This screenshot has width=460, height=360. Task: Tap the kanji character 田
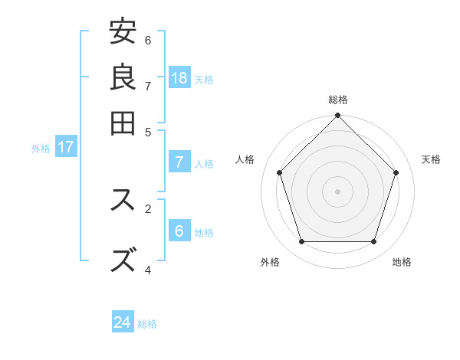[123, 123]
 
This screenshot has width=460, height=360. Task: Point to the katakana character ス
[123, 200]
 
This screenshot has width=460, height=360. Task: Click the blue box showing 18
[179, 77]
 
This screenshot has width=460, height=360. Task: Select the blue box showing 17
[65, 147]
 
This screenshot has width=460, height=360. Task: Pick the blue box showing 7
[179, 162]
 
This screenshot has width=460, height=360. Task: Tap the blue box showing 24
[123, 322]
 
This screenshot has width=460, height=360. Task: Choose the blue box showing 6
[179, 231]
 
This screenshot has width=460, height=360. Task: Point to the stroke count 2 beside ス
[148, 208]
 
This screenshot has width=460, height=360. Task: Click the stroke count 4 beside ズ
[148, 269]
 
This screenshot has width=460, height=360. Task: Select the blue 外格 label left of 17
[41, 149]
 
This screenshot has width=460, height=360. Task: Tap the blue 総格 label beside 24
[147, 324]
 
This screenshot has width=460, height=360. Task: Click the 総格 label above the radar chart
[337, 100]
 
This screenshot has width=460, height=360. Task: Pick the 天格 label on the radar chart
[431, 159]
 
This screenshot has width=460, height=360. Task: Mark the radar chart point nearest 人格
[280, 172]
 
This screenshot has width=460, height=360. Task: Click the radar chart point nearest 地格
[373, 241]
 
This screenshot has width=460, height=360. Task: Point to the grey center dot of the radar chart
[337, 191]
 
